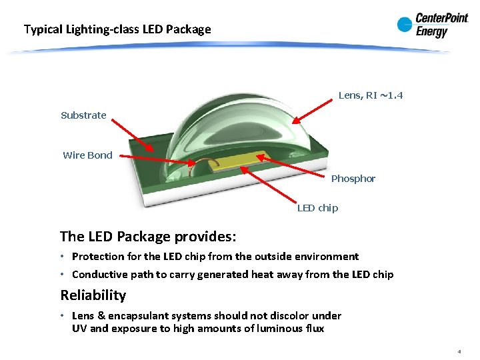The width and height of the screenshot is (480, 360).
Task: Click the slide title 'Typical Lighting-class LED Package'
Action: click(x=117, y=29)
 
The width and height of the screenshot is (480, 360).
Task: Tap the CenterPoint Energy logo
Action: click(x=432, y=25)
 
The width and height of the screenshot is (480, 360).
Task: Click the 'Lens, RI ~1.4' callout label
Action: click(x=371, y=95)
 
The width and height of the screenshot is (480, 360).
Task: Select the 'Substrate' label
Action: click(x=83, y=115)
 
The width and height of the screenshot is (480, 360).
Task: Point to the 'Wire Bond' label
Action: click(x=87, y=155)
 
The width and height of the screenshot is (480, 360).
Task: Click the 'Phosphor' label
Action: click(x=353, y=179)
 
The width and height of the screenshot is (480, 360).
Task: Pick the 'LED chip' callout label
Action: click(x=317, y=208)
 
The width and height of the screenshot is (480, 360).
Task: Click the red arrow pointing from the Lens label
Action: click(x=313, y=111)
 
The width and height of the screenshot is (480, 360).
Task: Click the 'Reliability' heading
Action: click(x=93, y=295)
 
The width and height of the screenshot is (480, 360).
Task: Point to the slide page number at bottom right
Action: click(x=459, y=351)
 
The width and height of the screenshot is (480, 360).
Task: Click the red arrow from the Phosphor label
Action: click(x=293, y=167)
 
